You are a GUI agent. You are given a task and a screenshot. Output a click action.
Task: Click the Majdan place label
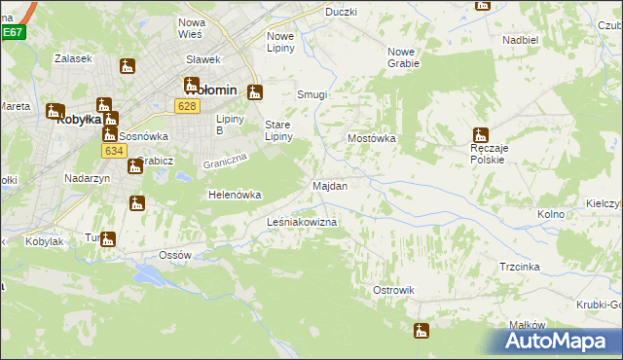tap(329, 185)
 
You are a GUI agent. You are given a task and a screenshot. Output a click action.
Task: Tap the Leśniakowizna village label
tap(302, 223)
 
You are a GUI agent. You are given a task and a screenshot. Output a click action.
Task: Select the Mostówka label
tap(372, 138)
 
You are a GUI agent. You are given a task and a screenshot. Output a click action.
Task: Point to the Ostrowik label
tap(393, 290)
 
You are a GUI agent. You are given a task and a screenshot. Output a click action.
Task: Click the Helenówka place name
tap(235, 195)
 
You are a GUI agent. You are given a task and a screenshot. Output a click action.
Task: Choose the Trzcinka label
tap(519, 267)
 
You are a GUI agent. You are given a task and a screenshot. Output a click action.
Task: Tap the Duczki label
tap(342, 12)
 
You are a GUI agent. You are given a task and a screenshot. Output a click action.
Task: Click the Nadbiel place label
tap(521, 40)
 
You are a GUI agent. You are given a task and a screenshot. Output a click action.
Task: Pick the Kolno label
tap(551, 214)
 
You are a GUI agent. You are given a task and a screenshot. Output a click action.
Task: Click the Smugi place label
tap(311, 95)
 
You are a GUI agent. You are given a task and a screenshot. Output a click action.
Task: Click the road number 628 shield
tap(188, 105)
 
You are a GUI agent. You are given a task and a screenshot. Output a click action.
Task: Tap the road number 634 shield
tap(113, 151)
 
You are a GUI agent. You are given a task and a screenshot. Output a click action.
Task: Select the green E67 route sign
tap(12, 32)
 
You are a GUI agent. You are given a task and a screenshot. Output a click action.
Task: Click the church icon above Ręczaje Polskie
tap(479, 136)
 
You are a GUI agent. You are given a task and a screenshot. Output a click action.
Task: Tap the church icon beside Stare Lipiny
tap(255, 93)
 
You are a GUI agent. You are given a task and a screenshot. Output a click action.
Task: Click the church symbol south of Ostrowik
tap(421, 331)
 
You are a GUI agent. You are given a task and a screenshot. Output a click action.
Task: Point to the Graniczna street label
tap(227, 163)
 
